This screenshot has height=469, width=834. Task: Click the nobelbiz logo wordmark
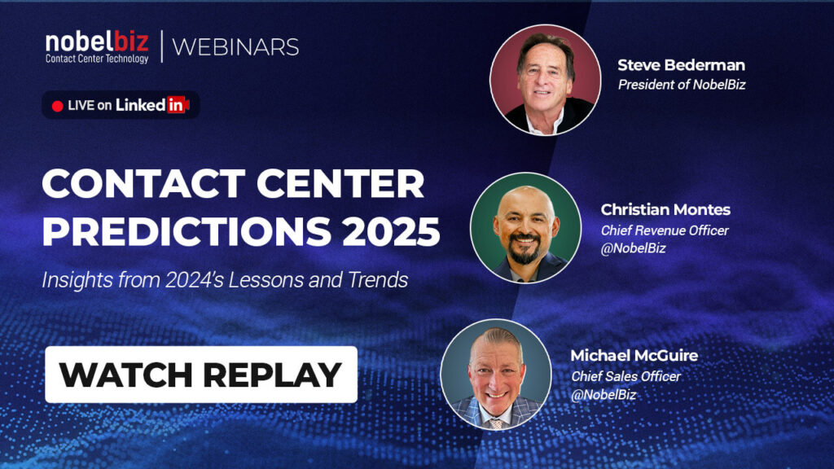pos(97,42)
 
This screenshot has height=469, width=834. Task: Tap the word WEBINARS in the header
pos(235,47)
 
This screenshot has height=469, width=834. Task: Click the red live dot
pos(58,106)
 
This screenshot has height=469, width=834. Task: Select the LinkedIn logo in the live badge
pos(152,105)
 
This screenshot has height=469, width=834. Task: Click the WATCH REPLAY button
pos(201,375)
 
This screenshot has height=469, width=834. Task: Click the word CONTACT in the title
pos(143,184)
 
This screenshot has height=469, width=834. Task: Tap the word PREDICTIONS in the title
pos(187,231)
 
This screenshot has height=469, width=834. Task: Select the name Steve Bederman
pos(681,65)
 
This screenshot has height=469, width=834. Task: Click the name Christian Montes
pos(665,209)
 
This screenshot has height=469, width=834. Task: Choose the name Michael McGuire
pos(634,355)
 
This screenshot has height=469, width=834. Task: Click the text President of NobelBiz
pos(682,85)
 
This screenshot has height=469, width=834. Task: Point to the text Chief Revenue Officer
pos(665,230)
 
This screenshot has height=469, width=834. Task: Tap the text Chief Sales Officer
pos(626,376)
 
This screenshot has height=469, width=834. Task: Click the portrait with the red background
pos(545,80)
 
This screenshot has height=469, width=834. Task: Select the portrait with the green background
pos(526,228)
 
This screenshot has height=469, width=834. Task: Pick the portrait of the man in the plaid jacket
pos(496,375)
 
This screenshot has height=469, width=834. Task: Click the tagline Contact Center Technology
pos(97,59)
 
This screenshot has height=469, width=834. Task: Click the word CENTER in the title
pos(340,184)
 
